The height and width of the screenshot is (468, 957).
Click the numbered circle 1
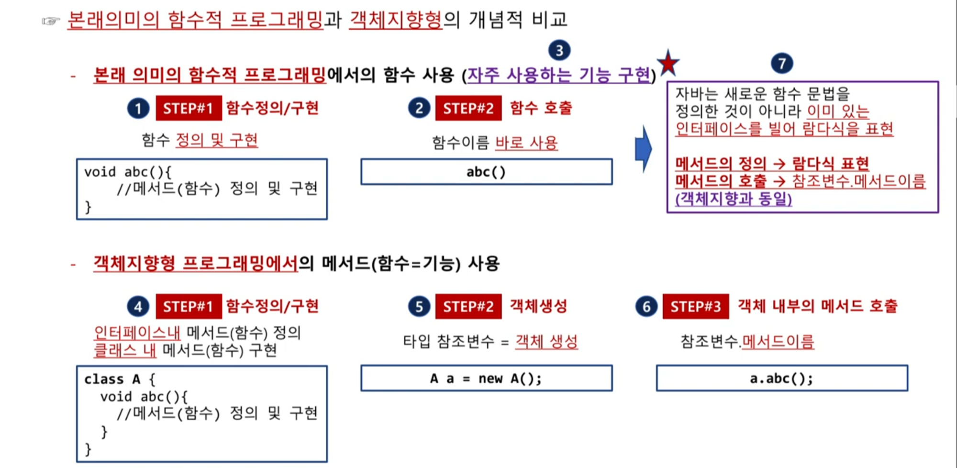coord(138,108)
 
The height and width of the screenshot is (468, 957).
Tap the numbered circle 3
coord(559,50)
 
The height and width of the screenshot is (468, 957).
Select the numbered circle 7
coord(782,63)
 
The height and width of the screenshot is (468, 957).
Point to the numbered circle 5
coord(419,306)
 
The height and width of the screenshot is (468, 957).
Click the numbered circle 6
coord(646,306)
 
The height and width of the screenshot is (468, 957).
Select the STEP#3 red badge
coord(695,306)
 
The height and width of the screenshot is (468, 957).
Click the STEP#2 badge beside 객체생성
coord(468,306)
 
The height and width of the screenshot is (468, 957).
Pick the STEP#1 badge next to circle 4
coord(189,306)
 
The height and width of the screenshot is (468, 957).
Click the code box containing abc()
coord(486,172)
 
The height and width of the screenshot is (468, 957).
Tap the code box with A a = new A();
coord(486,379)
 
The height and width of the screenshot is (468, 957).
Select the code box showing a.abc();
coord(782,379)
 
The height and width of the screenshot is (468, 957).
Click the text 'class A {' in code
coord(120,379)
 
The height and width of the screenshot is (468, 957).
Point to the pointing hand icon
coord(51,21)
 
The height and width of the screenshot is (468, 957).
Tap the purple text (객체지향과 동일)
coord(733,199)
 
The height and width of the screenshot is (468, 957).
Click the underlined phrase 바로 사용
coord(526,143)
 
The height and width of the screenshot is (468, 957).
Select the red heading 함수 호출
coord(541,108)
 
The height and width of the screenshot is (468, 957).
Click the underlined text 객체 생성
coord(546,342)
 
